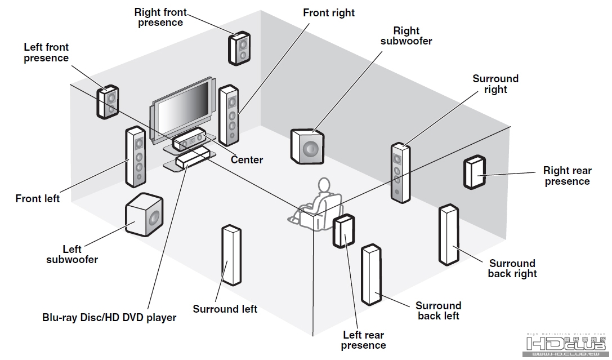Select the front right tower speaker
[229, 115]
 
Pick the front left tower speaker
[136, 157]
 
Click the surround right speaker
[400, 172]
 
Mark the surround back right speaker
[449, 235]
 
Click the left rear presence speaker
[343, 231]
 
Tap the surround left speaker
[231, 255]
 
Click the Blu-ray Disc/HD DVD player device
[191, 158]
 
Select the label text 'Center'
[247, 160]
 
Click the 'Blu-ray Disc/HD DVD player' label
[109, 318]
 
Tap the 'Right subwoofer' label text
[406, 35]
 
